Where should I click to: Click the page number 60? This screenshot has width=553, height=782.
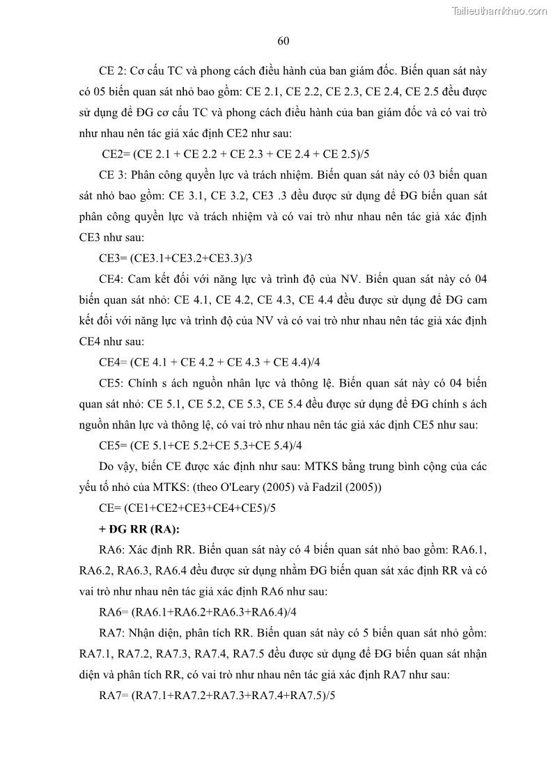pos(283,40)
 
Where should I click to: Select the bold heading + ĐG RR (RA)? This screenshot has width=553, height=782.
pos(140,529)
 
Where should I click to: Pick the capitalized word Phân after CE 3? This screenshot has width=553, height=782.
pos(145,175)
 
